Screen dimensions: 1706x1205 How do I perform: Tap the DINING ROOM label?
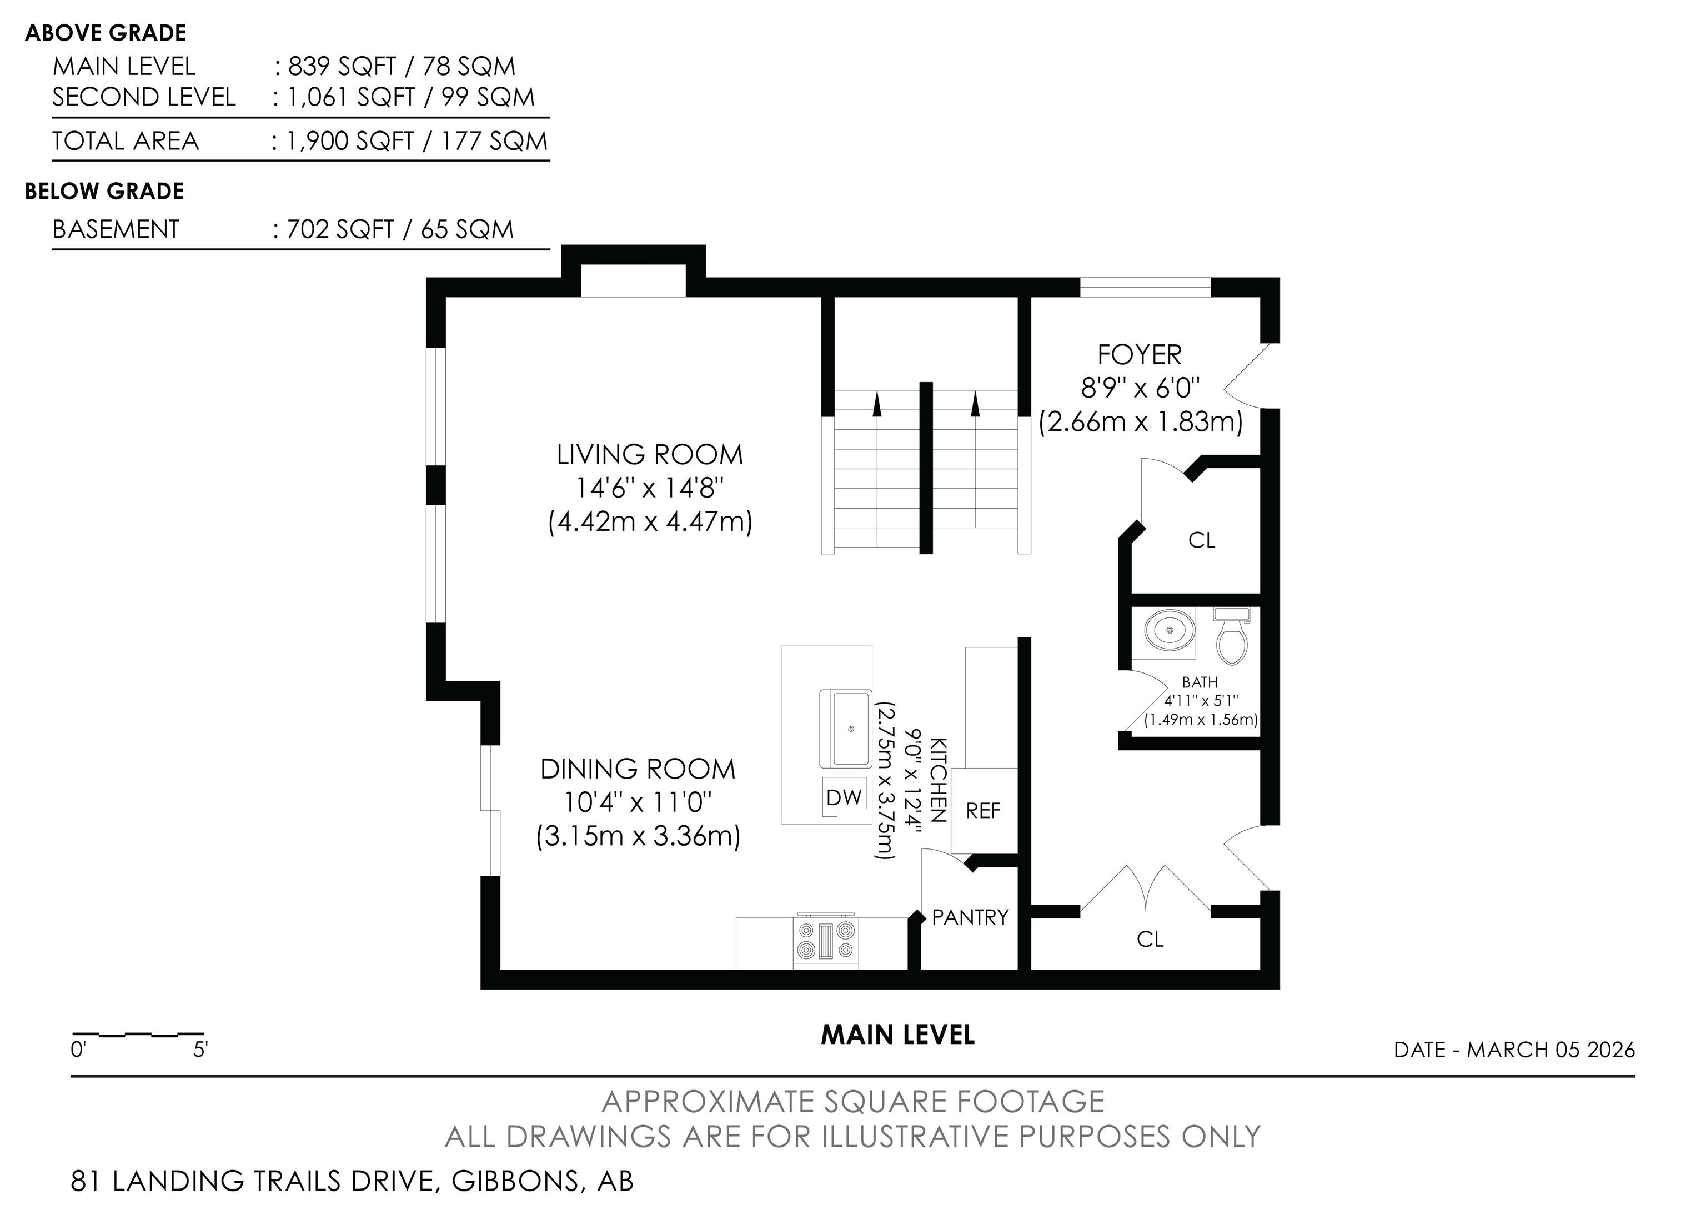tap(638, 769)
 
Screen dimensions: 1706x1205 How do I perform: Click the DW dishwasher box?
tap(844, 797)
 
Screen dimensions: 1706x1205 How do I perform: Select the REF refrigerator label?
tap(983, 811)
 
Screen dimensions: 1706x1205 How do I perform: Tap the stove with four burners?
tap(825, 941)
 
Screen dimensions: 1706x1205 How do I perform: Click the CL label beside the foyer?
tap(1202, 540)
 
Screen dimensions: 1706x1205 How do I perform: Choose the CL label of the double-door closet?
tap(1150, 940)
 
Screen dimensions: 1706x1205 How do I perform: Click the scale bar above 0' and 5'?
tap(138, 1033)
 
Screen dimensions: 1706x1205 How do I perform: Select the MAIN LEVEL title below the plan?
tap(897, 1035)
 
